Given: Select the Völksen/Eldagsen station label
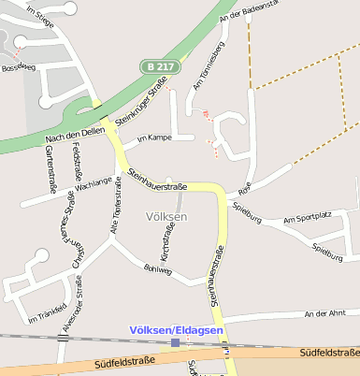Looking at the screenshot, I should [x=176, y=330].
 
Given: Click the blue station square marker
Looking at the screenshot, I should [x=175, y=343].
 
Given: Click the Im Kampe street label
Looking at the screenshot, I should [x=153, y=138].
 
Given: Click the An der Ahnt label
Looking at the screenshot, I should [x=324, y=314].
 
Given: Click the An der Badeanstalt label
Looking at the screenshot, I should [x=247, y=10].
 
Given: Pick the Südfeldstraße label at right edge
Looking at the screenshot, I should [x=329, y=352].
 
